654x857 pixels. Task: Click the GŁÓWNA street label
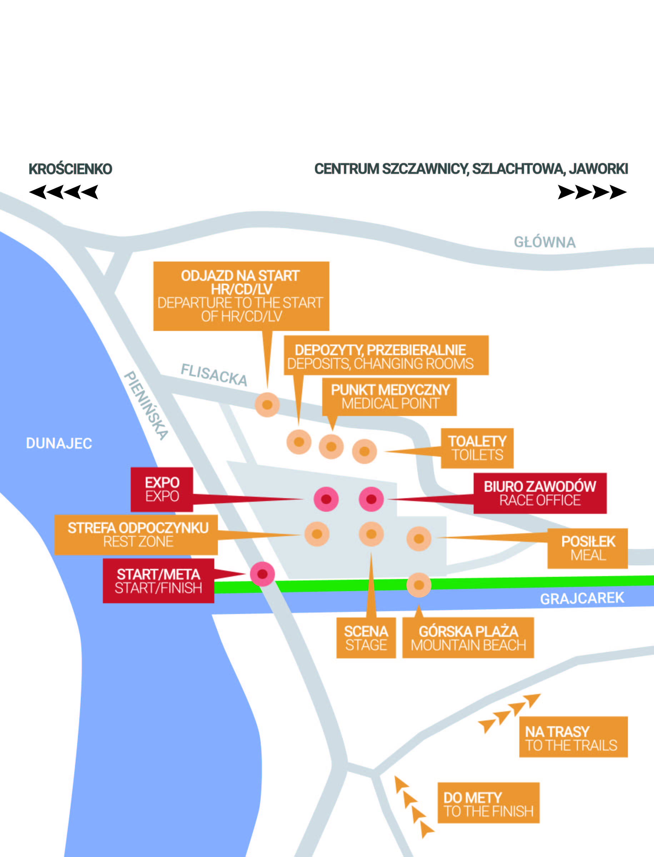(544, 242)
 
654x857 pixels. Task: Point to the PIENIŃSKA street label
(146, 405)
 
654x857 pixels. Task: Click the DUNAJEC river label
(59, 443)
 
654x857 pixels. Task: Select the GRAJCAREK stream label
(581, 598)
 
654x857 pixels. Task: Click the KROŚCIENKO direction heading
(70, 169)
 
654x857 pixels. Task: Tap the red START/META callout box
(158, 581)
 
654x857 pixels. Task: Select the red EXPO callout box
(162, 489)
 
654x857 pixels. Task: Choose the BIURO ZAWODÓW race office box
(540, 493)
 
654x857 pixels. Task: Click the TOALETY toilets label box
(477, 448)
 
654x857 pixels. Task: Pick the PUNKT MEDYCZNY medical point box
(390, 397)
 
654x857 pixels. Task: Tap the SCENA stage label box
(366, 638)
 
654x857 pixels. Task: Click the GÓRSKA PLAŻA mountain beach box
(468, 638)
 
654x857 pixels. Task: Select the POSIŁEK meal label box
(588, 548)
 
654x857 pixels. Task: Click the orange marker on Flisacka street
(267, 405)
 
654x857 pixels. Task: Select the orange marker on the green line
(419, 585)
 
